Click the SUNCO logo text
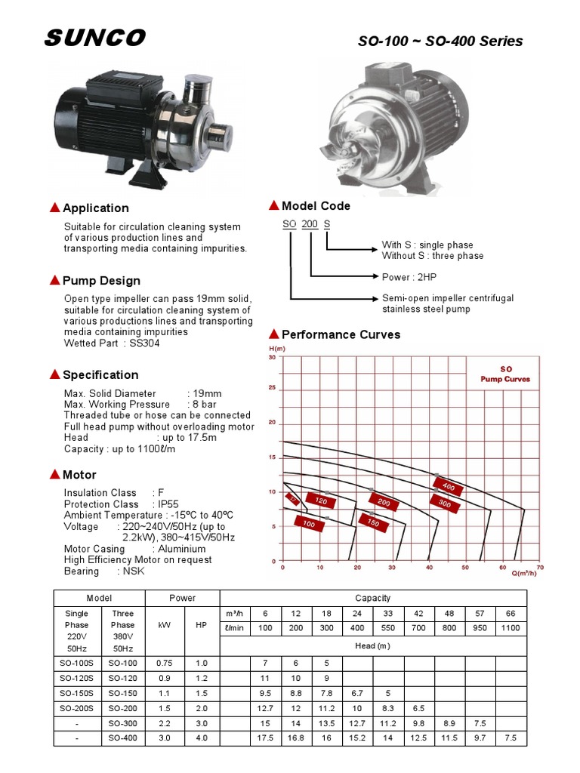(x=95, y=39)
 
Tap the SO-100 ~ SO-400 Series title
(x=440, y=42)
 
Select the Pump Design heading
(x=101, y=281)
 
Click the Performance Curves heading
(x=341, y=334)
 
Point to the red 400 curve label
(x=448, y=487)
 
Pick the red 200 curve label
(x=384, y=503)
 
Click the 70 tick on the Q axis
(x=539, y=567)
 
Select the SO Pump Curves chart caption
(x=505, y=374)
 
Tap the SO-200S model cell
(x=76, y=709)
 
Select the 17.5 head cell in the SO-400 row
(x=265, y=738)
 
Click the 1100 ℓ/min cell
(x=511, y=628)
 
